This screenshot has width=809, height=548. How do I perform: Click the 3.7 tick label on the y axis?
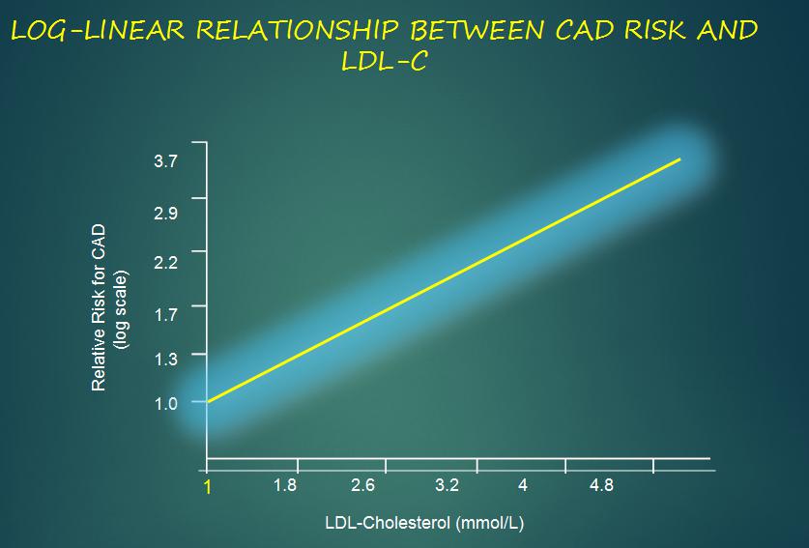(x=165, y=161)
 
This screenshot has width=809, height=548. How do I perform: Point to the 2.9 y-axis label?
(x=165, y=213)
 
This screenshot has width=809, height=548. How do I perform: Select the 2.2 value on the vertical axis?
(x=165, y=263)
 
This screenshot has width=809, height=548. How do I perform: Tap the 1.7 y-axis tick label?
(x=165, y=314)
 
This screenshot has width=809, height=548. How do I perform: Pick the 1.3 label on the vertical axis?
(x=165, y=359)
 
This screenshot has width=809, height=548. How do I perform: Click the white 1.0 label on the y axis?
(x=165, y=404)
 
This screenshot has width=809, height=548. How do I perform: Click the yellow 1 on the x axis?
(x=208, y=487)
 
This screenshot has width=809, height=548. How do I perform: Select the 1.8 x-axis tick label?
(x=285, y=485)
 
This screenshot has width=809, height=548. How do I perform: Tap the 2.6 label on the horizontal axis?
(x=362, y=485)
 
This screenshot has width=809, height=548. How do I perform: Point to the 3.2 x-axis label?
(x=447, y=485)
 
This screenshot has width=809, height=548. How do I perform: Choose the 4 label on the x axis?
(x=523, y=485)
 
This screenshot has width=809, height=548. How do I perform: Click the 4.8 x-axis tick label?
(x=601, y=485)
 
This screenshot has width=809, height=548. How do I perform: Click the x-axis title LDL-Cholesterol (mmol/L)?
(x=424, y=523)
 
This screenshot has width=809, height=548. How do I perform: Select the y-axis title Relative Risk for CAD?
(x=99, y=307)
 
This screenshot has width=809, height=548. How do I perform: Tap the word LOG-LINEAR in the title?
(x=98, y=31)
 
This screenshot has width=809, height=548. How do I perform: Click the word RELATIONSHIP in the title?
(x=298, y=31)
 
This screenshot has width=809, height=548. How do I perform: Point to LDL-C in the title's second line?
(x=384, y=62)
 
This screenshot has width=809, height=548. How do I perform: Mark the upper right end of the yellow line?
(x=680, y=159)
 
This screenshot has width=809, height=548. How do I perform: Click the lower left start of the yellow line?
(x=208, y=401)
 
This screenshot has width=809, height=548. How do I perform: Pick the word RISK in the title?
(x=654, y=31)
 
